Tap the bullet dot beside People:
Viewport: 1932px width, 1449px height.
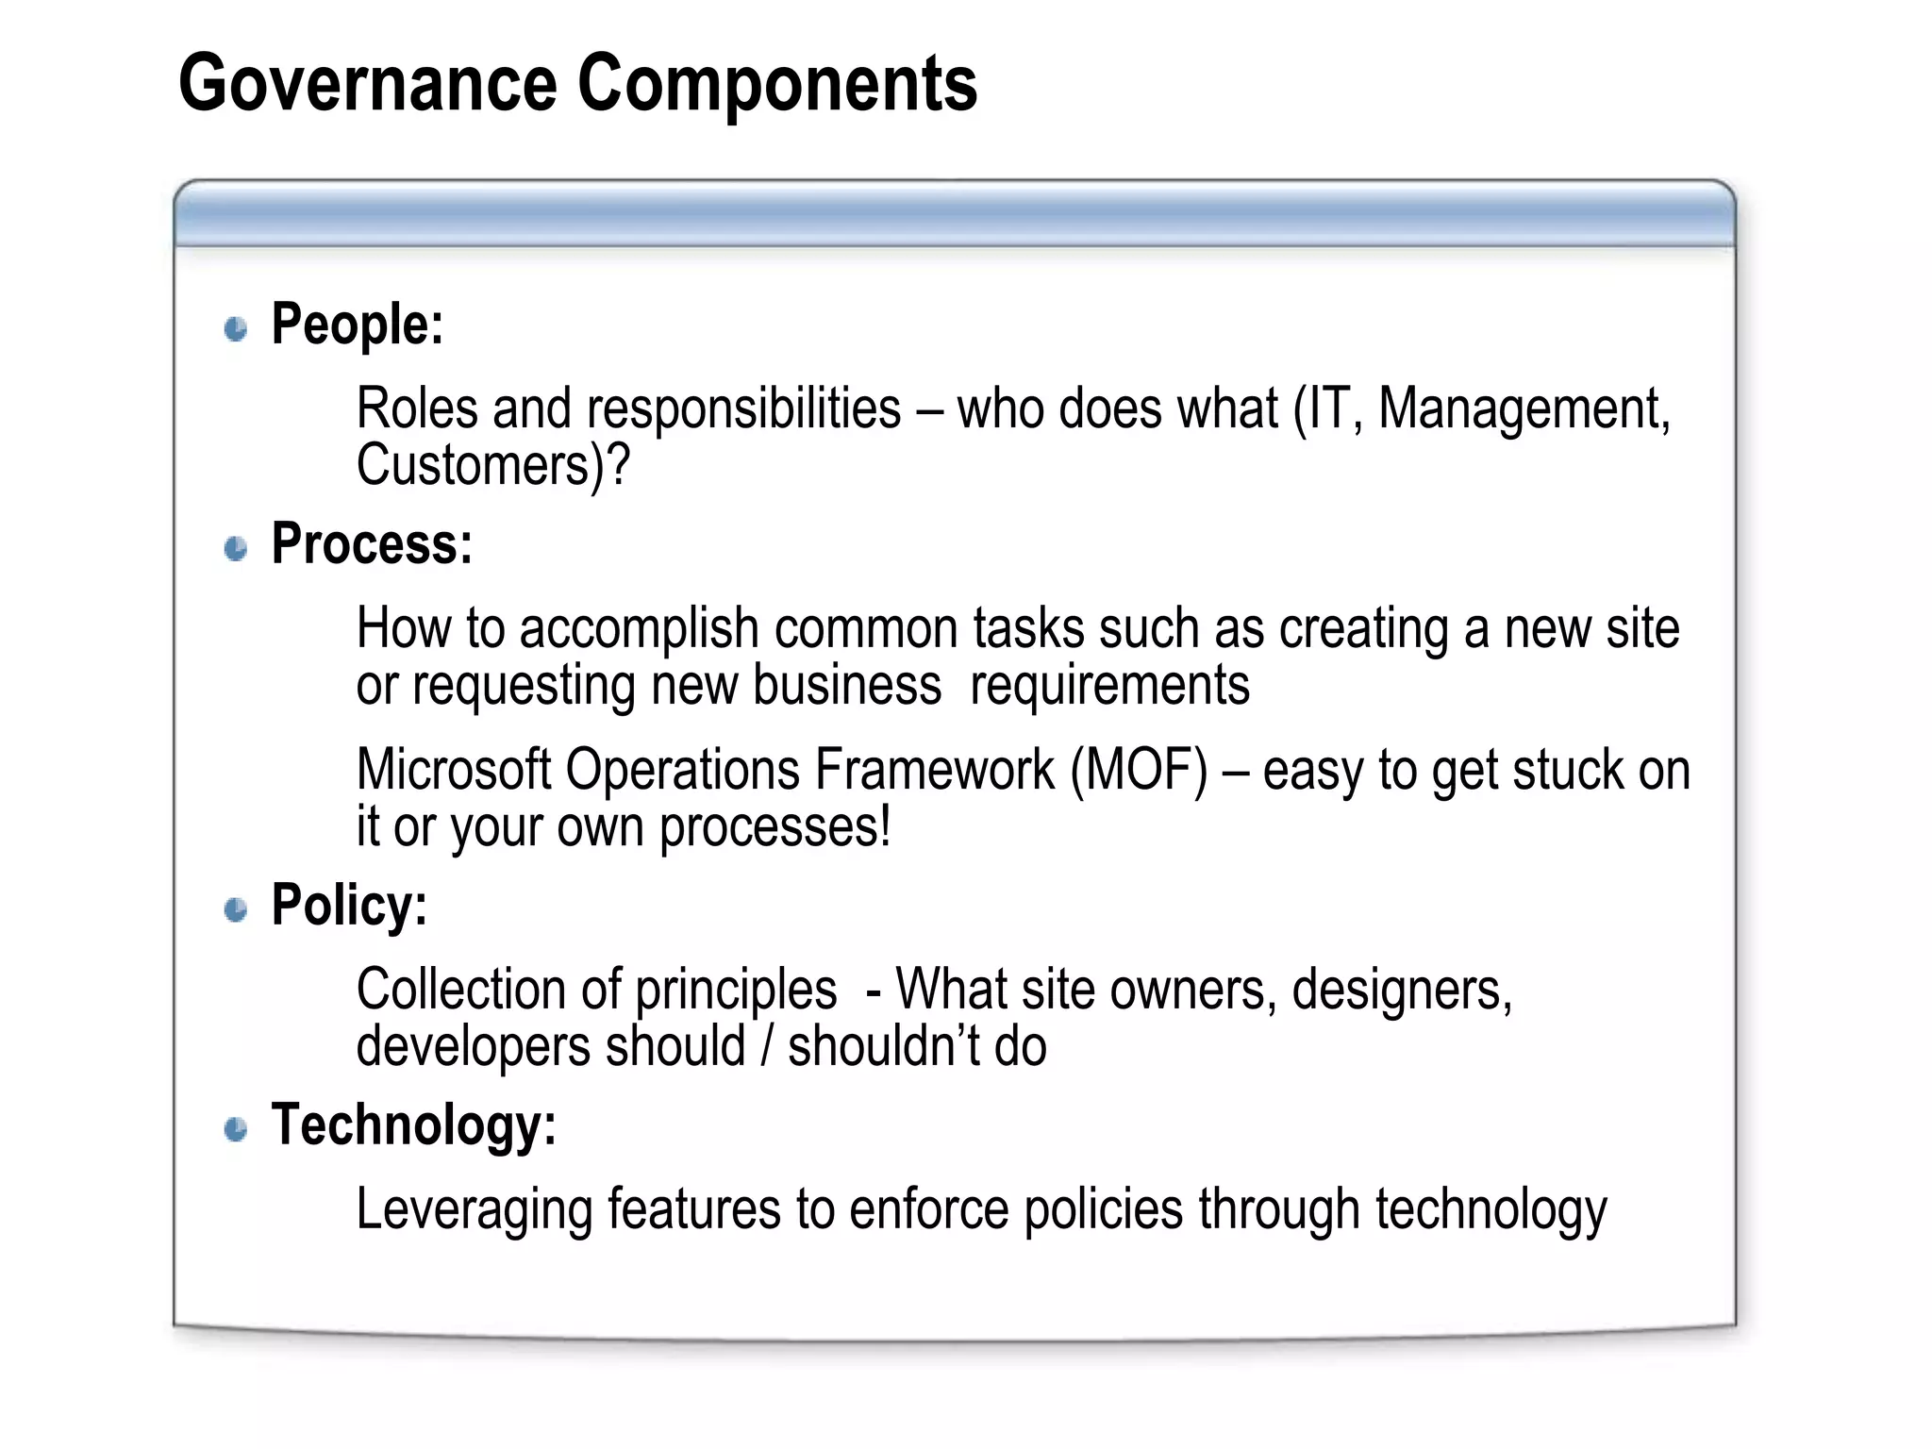click(x=236, y=328)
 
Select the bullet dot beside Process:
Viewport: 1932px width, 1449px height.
click(x=236, y=548)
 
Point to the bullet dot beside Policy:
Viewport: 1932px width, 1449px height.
click(x=236, y=909)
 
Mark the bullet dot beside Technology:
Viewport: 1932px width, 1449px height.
click(x=236, y=1129)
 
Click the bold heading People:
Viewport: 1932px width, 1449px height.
click(x=357, y=325)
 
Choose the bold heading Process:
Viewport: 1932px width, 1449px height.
click(x=372, y=544)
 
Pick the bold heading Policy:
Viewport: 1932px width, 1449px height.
click(x=349, y=906)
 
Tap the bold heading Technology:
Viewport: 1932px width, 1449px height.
click(x=413, y=1125)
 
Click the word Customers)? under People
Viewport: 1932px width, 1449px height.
click(x=492, y=465)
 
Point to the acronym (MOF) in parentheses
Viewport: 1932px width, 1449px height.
click(x=1139, y=770)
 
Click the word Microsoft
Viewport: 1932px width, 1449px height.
click(x=453, y=770)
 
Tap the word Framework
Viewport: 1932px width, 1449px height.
click(x=934, y=770)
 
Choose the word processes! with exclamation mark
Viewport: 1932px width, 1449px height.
click(x=774, y=827)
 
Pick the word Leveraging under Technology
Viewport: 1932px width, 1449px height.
click(x=475, y=1210)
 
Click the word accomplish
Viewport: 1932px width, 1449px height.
click(x=639, y=629)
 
